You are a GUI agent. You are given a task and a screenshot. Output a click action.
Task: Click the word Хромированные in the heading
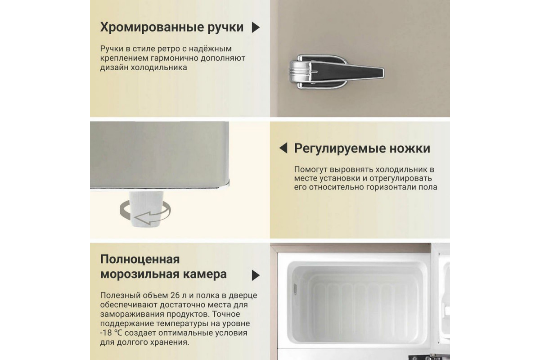point(152,27)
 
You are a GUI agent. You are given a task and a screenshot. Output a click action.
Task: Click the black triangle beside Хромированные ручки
point(256,27)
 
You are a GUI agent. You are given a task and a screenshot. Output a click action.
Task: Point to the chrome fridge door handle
point(337,72)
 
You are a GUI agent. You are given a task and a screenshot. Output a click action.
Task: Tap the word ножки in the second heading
point(410,148)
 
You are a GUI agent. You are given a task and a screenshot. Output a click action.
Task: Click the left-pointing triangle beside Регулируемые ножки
point(283,148)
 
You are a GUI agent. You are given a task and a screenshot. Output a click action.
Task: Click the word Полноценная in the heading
point(140,260)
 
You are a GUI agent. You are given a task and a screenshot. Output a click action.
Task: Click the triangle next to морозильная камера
point(256,275)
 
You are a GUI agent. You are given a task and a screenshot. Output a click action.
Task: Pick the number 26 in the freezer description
point(175,295)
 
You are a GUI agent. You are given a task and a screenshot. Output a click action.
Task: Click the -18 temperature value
point(106,333)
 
